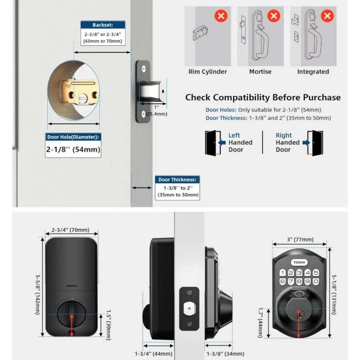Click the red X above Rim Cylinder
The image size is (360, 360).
[221, 16]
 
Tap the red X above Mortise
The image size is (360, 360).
[274, 16]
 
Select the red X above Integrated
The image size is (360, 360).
[327, 16]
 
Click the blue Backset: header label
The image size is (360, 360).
[103, 25]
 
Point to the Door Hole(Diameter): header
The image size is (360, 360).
[73, 137]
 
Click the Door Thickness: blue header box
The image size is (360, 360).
[178, 180]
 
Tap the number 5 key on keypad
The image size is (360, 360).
[316, 272]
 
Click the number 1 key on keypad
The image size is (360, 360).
[283, 272]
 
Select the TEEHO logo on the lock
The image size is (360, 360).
[299, 262]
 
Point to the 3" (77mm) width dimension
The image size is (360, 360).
[300, 239]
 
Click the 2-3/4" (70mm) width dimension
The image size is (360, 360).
[70, 230]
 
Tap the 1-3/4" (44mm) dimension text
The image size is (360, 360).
[154, 354]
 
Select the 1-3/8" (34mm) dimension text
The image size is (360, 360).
[225, 354]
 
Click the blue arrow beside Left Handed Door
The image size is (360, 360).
[222, 143]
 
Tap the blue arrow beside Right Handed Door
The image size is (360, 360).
[306, 143]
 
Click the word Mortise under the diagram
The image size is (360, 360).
[260, 72]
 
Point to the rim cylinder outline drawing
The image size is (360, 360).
[200, 33]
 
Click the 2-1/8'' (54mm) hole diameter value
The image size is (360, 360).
[73, 149]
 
